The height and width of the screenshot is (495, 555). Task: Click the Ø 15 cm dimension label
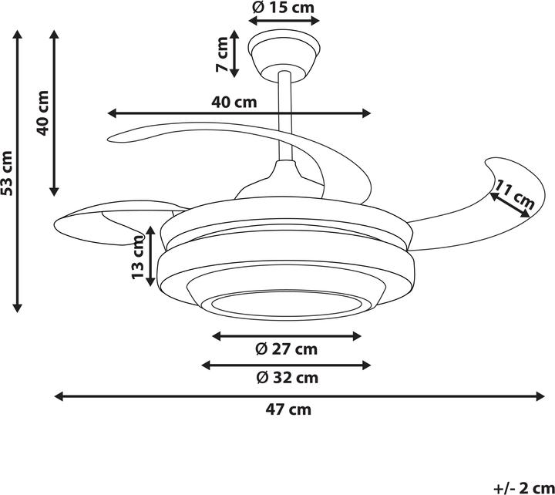pyautogui.click(x=283, y=8)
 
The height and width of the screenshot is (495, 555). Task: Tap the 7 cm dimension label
pyautogui.click(x=222, y=54)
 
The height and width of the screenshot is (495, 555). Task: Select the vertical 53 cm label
pyautogui.click(x=7, y=173)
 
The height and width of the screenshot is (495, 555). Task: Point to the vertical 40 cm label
pyautogui.click(x=43, y=113)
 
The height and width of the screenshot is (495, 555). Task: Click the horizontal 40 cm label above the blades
pyautogui.click(x=234, y=103)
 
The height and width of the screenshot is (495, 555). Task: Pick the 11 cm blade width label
pyautogui.click(x=515, y=194)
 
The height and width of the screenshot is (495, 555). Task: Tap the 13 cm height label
pyautogui.click(x=139, y=257)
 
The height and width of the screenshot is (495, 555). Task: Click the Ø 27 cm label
pyautogui.click(x=286, y=349)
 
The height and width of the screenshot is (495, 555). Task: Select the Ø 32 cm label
pyautogui.click(x=287, y=378)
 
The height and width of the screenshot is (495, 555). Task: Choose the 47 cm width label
pyautogui.click(x=288, y=409)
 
